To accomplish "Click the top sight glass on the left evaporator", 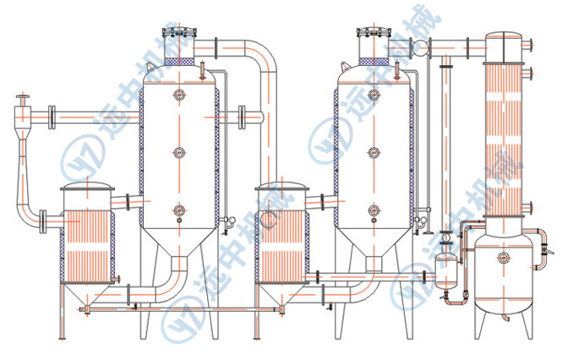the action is pyautogui.click(x=179, y=95).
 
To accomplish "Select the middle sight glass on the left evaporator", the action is pyautogui.click(x=179, y=152).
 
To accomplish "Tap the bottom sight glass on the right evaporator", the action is pyautogui.click(x=374, y=210).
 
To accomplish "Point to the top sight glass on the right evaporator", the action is pyautogui.click(x=374, y=95).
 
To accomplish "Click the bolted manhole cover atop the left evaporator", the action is pyautogui.click(x=179, y=33).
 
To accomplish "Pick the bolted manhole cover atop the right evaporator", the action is pyautogui.click(x=374, y=33).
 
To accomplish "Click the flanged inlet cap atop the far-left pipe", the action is pyautogui.click(x=24, y=98).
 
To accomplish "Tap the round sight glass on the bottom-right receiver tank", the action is pyautogui.click(x=504, y=257).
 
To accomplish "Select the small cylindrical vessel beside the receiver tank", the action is pyautogui.click(x=446, y=270).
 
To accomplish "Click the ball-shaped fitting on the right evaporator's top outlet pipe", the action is pyautogui.click(x=420, y=47).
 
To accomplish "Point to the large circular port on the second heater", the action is pyautogui.click(x=269, y=220).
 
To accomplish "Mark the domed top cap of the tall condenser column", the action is pyautogui.click(x=504, y=37).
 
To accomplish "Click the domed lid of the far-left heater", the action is pyautogui.click(x=87, y=187).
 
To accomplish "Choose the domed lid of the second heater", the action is pyautogui.click(x=281, y=187).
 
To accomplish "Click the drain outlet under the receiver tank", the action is pyautogui.click(x=505, y=318).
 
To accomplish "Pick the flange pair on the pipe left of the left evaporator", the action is pyautogui.click(x=52, y=117).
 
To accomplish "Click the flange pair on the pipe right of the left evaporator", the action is pyautogui.click(x=242, y=117).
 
